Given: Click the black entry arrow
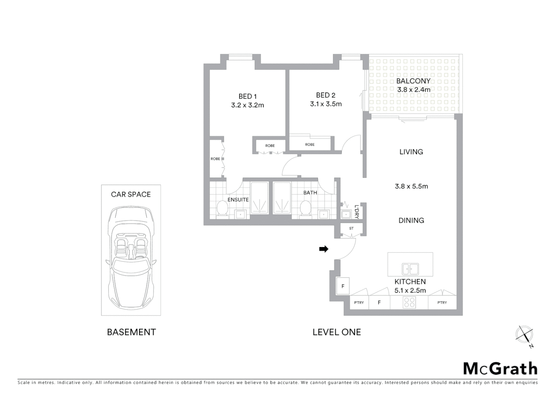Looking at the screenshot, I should pyautogui.click(x=323, y=249).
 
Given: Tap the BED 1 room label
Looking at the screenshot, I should pyautogui.click(x=247, y=96).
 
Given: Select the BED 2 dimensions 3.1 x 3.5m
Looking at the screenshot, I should pyautogui.click(x=326, y=104).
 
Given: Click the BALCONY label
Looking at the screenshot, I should pyautogui.click(x=413, y=81).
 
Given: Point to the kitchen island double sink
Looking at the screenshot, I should pyautogui.click(x=410, y=269).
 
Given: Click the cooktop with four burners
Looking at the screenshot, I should pyautogui.click(x=409, y=302).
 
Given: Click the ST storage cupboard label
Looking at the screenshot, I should pyautogui.click(x=351, y=229).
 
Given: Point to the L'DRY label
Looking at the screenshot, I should pyautogui.click(x=357, y=212).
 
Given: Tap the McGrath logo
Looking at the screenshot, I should pyautogui.click(x=500, y=369).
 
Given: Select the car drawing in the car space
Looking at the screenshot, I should pyautogui.click(x=131, y=257).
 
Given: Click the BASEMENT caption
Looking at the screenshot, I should pyautogui.click(x=131, y=332).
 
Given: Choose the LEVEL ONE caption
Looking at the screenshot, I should pyautogui.click(x=337, y=332).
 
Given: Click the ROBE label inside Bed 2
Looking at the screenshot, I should pyautogui.click(x=310, y=144).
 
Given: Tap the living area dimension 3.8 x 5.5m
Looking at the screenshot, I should pyautogui.click(x=411, y=186).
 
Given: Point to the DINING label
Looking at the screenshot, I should pyautogui.click(x=411, y=221).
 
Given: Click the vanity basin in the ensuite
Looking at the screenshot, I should pyautogui.click(x=240, y=214).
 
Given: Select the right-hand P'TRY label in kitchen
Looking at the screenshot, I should pyautogui.click(x=442, y=302).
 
